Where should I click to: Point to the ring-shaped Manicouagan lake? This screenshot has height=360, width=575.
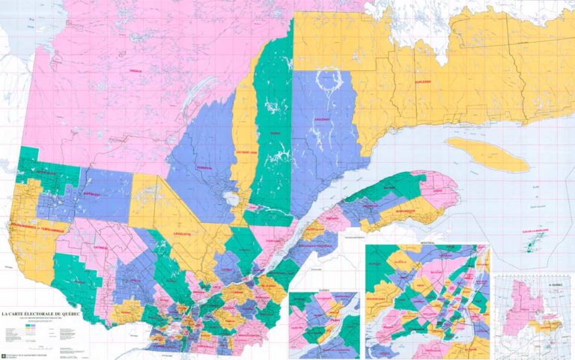click(328, 79)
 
